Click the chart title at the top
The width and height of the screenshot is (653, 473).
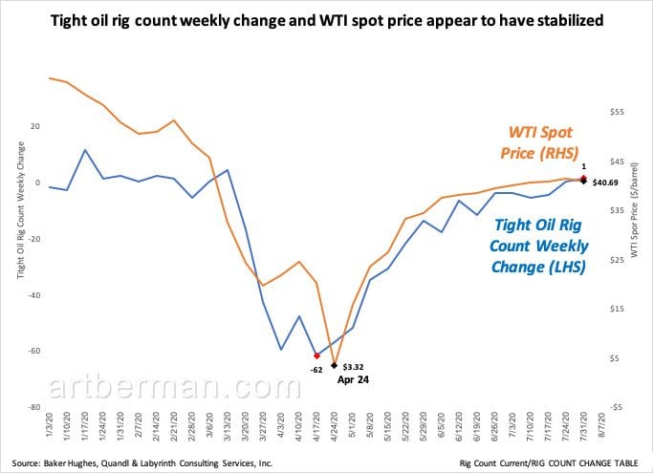[x=327, y=20]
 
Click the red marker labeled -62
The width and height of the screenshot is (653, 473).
[x=316, y=356]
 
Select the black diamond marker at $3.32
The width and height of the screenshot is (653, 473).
[x=334, y=365]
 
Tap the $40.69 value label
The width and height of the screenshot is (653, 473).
[x=605, y=183]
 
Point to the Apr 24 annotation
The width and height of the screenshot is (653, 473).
[x=353, y=379]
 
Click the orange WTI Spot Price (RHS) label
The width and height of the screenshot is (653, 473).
[x=540, y=142]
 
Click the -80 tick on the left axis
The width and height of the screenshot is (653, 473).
[x=34, y=407]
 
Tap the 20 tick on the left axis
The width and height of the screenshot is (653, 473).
[x=35, y=126]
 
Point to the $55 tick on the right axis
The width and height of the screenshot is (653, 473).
[x=617, y=112]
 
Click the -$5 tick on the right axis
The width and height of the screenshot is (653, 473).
[x=616, y=407]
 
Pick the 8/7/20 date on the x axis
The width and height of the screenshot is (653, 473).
[x=601, y=423]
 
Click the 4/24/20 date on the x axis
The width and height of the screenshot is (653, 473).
[x=334, y=425]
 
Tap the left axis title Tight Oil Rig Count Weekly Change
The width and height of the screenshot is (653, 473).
[x=20, y=210]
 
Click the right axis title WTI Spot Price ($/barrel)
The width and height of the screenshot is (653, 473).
[x=634, y=210]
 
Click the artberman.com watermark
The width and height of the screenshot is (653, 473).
[x=175, y=386]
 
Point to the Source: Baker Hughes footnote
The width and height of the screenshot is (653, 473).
[x=142, y=463]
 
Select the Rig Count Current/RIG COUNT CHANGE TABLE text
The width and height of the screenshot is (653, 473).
[x=549, y=463]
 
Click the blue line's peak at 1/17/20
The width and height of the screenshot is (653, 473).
[x=85, y=149]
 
